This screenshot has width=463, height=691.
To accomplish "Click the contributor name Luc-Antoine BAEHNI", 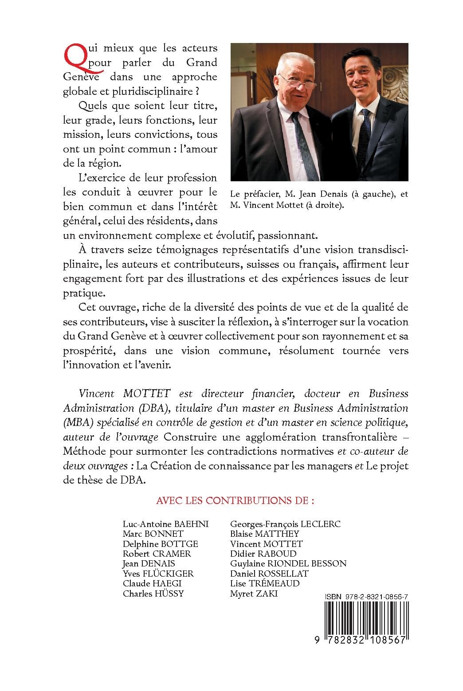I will pyautogui.click(x=165, y=523).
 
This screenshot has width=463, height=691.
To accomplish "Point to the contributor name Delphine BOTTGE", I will pyautogui.click(x=160, y=543).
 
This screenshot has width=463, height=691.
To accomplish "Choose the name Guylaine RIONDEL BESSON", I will pyautogui.click(x=288, y=563).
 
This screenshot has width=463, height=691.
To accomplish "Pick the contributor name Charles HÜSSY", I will pyautogui.click(x=153, y=593).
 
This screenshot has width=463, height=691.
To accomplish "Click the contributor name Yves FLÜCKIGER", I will pyautogui.click(x=158, y=574).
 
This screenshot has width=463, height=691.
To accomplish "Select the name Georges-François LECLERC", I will pyautogui.click(x=286, y=523).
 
